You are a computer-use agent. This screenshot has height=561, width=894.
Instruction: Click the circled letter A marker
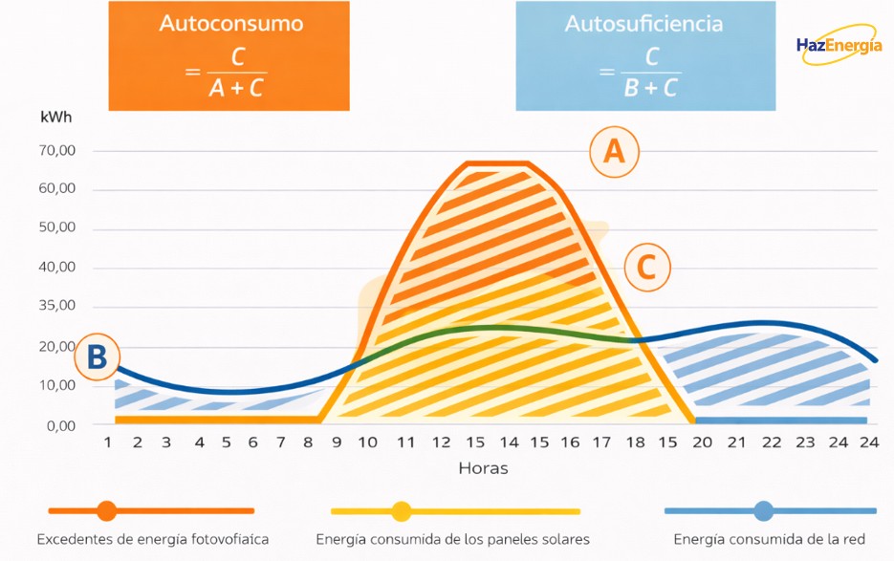(x=614, y=152)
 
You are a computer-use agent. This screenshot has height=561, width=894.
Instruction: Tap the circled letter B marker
(x=97, y=357)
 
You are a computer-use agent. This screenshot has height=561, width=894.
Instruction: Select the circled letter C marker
(x=646, y=269)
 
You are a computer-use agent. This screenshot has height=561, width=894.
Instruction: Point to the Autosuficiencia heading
(x=645, y=23)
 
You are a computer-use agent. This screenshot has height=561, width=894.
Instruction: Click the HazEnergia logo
(x=839, y=46)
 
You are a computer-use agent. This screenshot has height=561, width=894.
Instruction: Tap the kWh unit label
(x=56, y=118)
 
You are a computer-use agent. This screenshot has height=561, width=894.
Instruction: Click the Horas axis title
(x=483, y=468)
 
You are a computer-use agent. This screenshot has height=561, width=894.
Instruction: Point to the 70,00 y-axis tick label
(x=57, y=150)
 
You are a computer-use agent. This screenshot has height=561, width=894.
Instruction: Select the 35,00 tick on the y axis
(x=57, y=307)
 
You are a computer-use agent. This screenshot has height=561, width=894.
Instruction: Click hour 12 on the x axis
(x=441, y=443)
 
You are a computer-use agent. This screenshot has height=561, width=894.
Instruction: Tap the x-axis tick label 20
(x=703, y=443)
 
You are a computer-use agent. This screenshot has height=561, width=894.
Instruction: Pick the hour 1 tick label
(x=108, y=443)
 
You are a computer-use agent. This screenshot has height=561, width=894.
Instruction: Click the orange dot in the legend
(x=106, y=511)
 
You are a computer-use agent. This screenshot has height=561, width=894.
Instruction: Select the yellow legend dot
(x=401, y=511)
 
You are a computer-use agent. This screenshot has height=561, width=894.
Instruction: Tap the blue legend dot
(x=763, y=511)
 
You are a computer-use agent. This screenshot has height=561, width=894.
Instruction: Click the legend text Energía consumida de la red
(x=769, y=540)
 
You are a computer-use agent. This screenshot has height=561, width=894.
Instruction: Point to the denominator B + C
(x=651, y=89)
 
